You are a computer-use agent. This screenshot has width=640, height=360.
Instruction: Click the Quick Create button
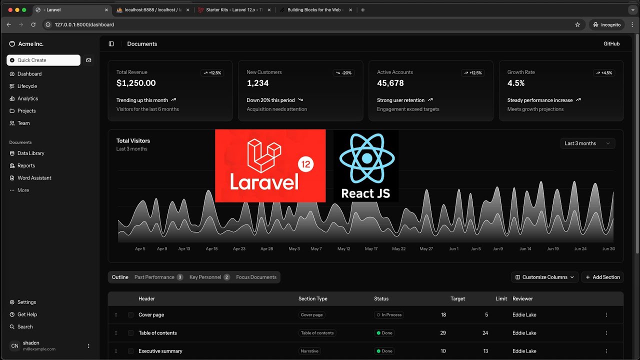pos(43,60)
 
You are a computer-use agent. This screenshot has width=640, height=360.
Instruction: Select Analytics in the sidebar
pos(27,98)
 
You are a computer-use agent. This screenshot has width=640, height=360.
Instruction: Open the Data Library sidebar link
pos(30,153)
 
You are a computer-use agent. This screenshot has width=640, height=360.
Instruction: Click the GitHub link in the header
pos(611,44)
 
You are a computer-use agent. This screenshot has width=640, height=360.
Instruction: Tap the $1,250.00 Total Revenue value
pos(136,83)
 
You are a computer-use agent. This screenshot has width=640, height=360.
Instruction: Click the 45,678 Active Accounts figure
pos(390,83)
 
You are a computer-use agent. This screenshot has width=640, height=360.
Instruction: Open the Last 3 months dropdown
pos(587,143)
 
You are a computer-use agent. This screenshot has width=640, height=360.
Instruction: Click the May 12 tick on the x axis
pos(343,249)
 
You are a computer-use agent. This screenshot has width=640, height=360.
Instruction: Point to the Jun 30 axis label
pos(608,249)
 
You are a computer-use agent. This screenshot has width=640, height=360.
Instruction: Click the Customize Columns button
pos(544,277)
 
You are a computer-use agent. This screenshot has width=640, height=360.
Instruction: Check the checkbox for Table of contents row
pos(130,333)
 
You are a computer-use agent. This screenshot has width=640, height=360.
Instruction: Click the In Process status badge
pos(389,315)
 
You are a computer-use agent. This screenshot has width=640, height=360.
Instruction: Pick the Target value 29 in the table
pos(443,333)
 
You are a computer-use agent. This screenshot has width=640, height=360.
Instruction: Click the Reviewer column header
pos(522,299)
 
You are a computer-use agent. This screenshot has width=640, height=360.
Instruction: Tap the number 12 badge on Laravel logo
pos(305,164)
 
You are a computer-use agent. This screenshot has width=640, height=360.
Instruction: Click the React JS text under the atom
pos(365,193)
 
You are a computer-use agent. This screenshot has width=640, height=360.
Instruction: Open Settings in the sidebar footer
pos(26,302)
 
